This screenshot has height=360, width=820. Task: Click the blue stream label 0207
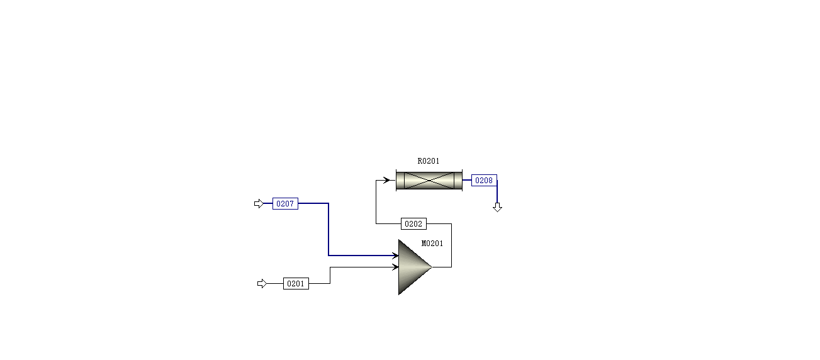[x=285, y=204]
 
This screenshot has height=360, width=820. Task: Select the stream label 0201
[x=296, y=284]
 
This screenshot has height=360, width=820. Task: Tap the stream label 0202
[x=413, y=224]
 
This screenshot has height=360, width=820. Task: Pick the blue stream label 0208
[x=484, y=181]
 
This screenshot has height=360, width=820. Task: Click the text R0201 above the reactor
[x=429, y=161]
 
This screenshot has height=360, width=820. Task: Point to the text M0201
[x=432, y=244]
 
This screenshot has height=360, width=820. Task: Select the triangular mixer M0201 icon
[x=412, y=267]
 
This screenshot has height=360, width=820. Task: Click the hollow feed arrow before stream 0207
[x=259, y=204]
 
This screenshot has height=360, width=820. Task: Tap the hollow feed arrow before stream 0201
[x=262, y=284]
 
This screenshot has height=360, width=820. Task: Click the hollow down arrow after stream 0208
[x=497, y=208]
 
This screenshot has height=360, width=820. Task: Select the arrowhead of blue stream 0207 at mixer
[x=394, y=256]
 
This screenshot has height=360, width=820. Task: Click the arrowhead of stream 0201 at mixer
[x=395, y=267]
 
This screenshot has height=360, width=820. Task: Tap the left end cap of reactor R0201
[x=400, y=180]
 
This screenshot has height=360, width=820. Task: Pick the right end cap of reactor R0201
[x=458, y=180]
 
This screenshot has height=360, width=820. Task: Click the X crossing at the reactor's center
[x=429, y=180]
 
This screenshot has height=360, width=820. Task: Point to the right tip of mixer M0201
[x=431, y=267]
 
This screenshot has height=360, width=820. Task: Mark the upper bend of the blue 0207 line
[x=329, y=204]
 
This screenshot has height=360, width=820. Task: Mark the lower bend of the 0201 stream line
[x=330, y=284]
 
